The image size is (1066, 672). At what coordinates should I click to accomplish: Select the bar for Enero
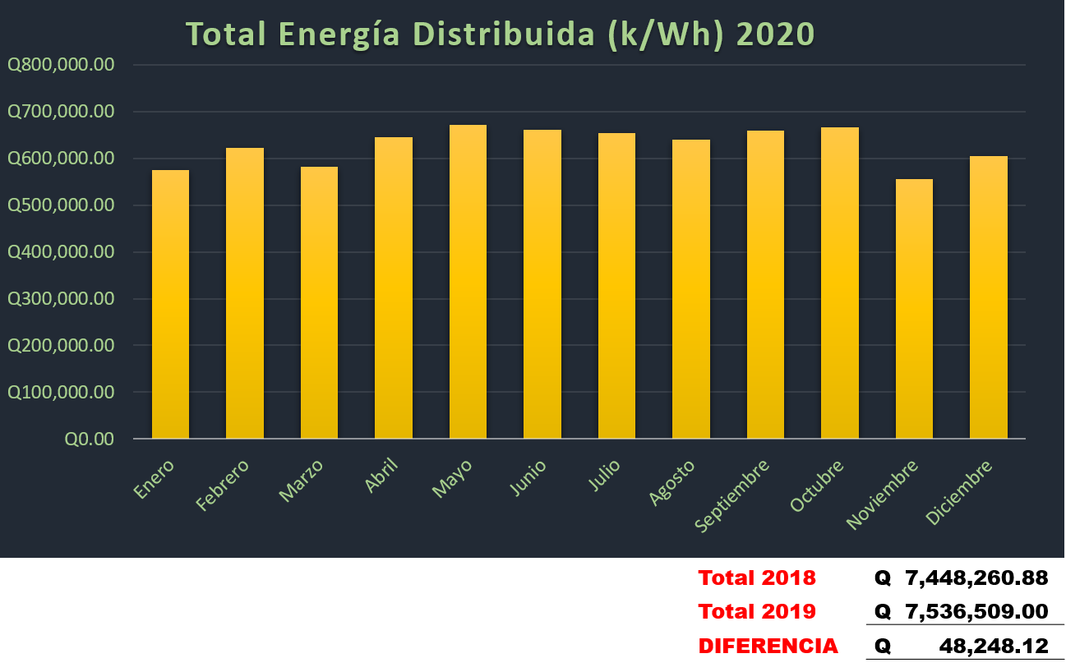tap(170, 304)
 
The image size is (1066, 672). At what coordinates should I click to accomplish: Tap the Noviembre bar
tap(914, 309)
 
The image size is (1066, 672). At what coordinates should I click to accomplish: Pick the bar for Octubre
tap(840, 283)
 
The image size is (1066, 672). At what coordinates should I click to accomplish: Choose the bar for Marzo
tap(319, 302)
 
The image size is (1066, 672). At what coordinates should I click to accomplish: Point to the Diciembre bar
tap(988, 297)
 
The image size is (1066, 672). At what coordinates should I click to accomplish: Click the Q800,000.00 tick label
tap(60, 65)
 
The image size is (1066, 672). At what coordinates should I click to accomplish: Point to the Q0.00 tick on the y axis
tap(89, 439)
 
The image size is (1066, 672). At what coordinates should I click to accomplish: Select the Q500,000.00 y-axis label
tap(60, 205)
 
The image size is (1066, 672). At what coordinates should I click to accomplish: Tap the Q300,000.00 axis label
tap(60, 299)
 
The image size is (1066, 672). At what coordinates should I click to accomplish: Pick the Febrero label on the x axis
tap(223, 485)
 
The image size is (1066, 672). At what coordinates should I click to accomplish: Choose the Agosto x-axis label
tap(672, 482)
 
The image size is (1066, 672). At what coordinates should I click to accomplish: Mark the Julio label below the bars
tap(605, 476)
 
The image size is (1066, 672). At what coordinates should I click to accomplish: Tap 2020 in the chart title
tap(775, 35)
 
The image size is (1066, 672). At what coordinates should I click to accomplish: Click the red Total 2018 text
tap(756, 578)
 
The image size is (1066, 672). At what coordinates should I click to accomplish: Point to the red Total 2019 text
tap(756, 611)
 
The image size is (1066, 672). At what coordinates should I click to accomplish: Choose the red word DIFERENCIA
tap(768, 647)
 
